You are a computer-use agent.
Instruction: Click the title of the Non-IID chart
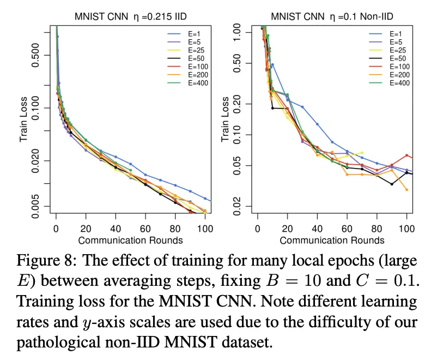point(333,16)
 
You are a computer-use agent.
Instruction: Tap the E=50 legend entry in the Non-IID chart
point(398,58)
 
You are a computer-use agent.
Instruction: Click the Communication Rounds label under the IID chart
point(130,239)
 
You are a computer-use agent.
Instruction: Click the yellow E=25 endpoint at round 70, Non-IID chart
point(362,153)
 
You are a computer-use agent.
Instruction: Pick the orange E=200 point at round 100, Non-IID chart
point(406,189)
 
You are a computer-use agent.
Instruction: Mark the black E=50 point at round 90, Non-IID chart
point(392,184)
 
